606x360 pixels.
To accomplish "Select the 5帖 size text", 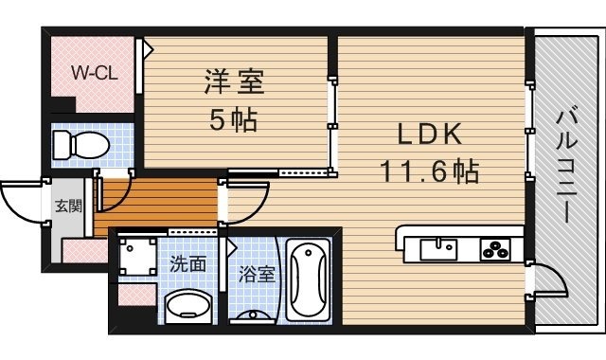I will pos(233,120).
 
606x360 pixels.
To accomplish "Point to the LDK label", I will pos(428,134).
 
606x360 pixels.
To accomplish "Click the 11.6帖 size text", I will pos(428,171).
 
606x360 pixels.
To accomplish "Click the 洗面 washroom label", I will pos(187,264).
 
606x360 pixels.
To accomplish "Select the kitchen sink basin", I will pos(437,248).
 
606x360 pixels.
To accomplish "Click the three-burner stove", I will pos(495,250).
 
